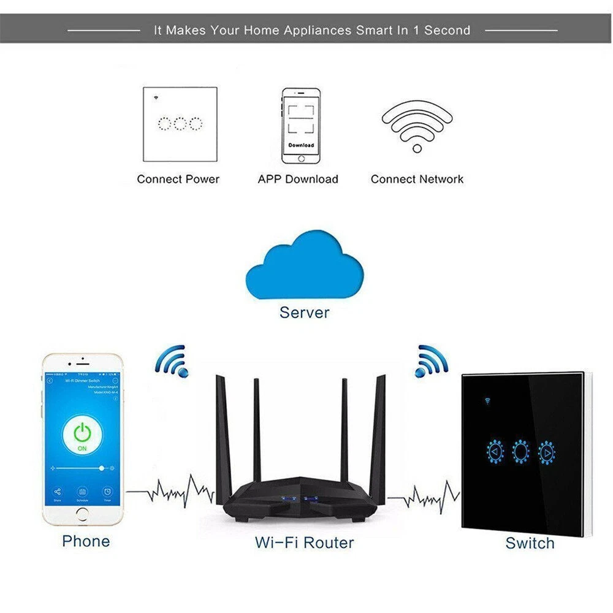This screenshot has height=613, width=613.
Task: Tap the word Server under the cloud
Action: (305, 312)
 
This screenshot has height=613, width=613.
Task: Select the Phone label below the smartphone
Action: (86, 541)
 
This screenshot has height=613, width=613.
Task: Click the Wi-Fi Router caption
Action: (305, 543)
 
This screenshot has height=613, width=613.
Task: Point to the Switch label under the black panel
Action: (530, 543)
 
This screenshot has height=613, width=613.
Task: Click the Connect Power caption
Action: (178, 180)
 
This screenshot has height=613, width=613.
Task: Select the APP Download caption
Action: (298, 180)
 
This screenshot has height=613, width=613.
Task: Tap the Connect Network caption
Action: (417, 180)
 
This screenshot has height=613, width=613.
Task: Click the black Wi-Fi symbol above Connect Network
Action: (417, 126)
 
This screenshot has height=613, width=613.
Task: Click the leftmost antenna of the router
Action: (223, 429)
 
